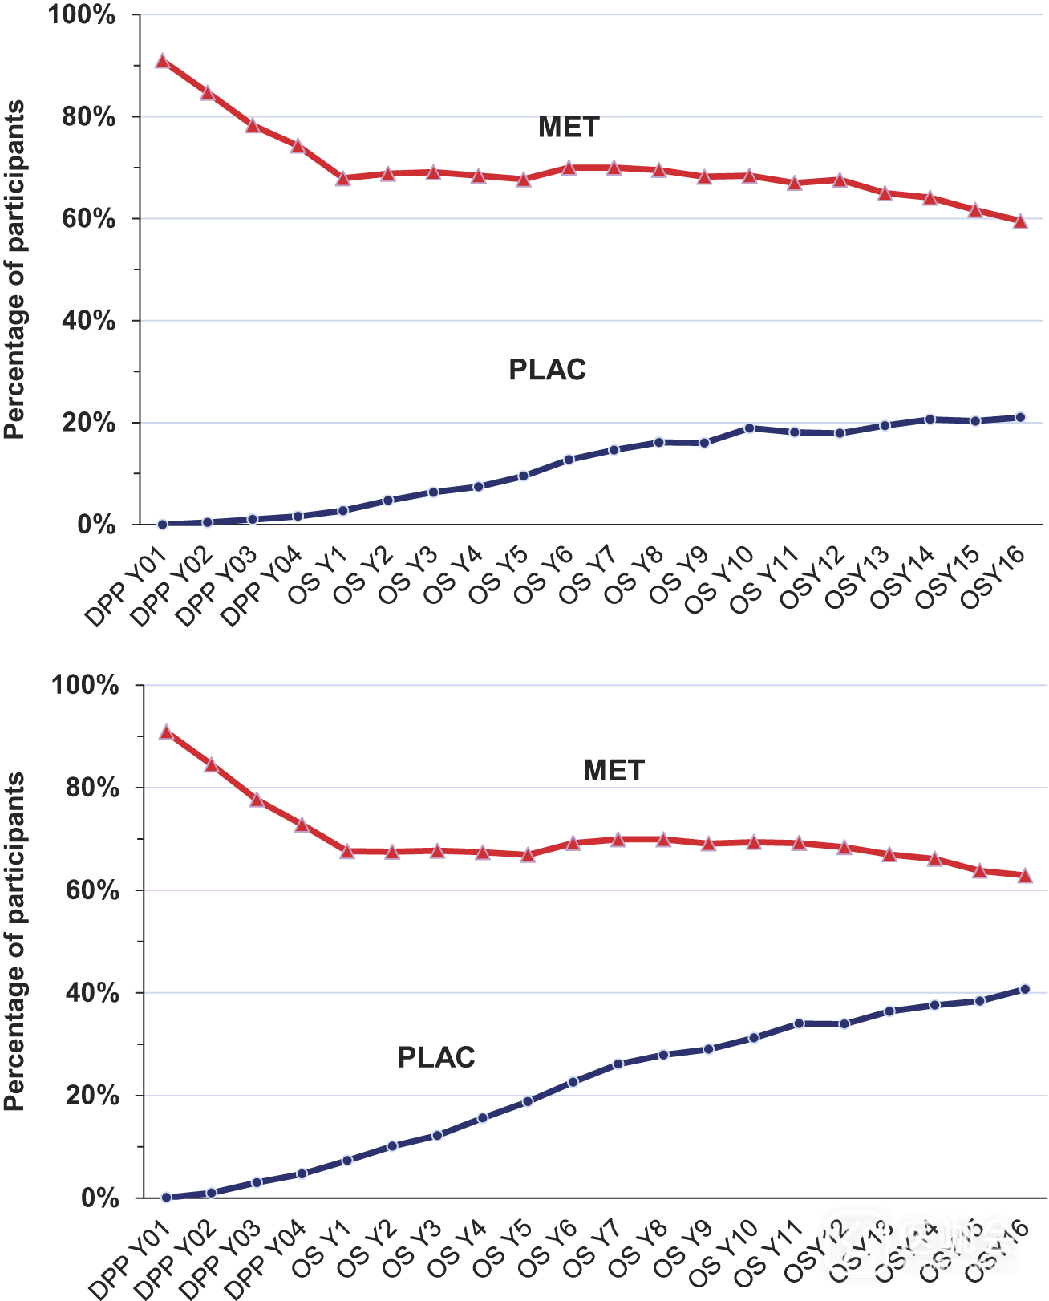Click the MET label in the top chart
click(569, 127)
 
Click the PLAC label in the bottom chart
click(436, 1057)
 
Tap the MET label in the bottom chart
click(614, 770)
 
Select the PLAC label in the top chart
click(547, 370)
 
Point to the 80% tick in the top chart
click(89, 117)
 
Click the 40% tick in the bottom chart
click(91, 993)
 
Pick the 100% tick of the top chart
click(82, 15)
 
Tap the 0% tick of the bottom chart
click(99, 1198)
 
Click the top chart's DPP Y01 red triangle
click(162, 61)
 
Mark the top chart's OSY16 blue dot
click(1020, 417)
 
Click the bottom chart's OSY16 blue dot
click(1025, 989)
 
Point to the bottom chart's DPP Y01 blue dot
click(166, 1197)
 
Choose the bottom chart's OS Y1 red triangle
click(347, 851)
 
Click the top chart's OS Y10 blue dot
click(750, 428)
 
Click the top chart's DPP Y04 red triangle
click(298, 146)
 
